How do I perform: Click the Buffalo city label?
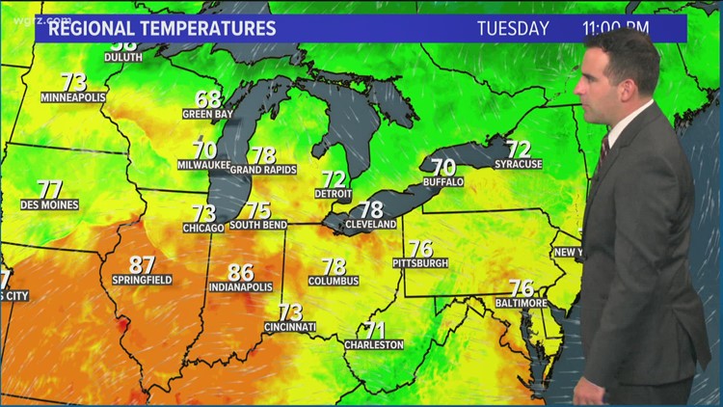pyautogui.click(x=443, y=181)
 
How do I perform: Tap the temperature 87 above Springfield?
pyautogui.click(x=142, y=264)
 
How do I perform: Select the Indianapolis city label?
pyautogui.click(x=240, y=287)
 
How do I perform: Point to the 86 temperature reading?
pyautogui.click(x=240, y=273)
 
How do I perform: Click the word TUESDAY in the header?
pyautogui.click(x=513, y=28)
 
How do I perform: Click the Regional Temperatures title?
pyautogui.click(x=162, y=28)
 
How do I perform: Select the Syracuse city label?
pyautogui.click(x=519, y=164)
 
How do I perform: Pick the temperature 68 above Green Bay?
pyautogui.click(x=208, y=99)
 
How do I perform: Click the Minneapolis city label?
pyautogui.click(x=72, y=97)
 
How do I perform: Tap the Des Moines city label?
pyautogui.click(x=49, y=204)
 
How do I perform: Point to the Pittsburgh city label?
pyautogui.click(x=420, y=263)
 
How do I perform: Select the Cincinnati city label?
pyautogui.click(x=290, y=327)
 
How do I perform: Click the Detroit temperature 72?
pyautogui.click(x=334, y=178)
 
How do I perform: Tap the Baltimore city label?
pyautogui.click(x=522, y=303)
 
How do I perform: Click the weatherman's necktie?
pyautogui.click(x=604, y=150)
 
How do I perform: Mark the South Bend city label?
pyautogui.click(x=257, y=226)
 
